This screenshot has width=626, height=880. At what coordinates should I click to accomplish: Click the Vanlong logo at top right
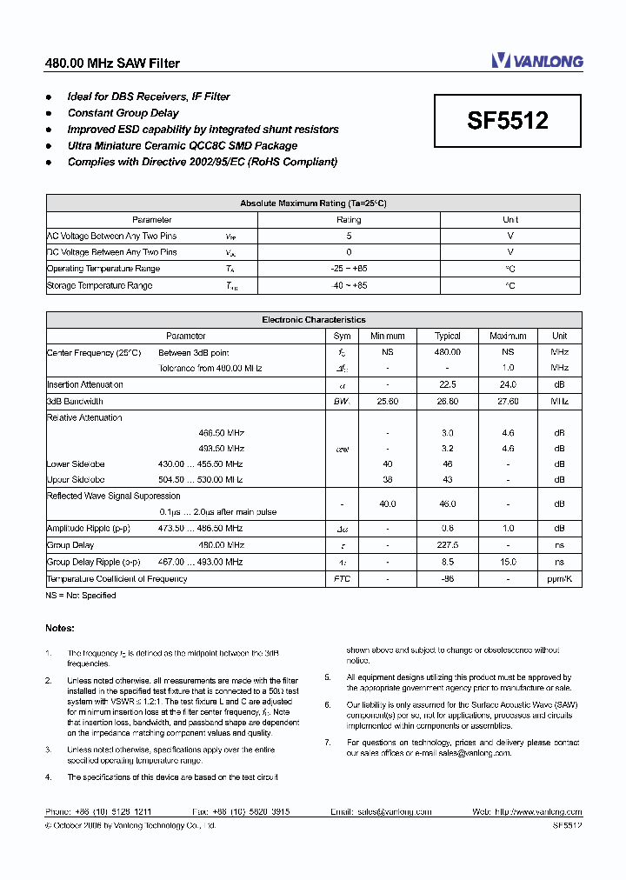click(x=536, y=60)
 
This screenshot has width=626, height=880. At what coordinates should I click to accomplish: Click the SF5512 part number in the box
click(x=508, y=121)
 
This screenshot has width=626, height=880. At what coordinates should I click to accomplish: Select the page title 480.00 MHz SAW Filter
click(x=112, y=63)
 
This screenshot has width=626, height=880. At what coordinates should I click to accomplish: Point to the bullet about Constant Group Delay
click(x=123, y=113)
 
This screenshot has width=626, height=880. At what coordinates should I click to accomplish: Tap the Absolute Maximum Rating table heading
click(x=313, y=203)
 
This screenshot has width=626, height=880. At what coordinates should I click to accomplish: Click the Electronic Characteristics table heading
click(x=313, y=320)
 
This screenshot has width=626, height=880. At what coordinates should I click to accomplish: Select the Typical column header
click(x=448, y=336)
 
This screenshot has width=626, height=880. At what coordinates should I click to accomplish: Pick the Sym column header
click(x=342, y=336)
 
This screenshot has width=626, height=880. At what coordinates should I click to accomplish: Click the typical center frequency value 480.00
click(x=448, y=352)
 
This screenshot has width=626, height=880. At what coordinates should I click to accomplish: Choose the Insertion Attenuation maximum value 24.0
click(x=508, y=384)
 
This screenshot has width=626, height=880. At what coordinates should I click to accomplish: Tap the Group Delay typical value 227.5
click(x=448, y=545)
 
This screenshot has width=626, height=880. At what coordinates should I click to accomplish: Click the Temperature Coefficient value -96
click(x=448, y=578)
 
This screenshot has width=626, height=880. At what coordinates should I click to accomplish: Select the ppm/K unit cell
click(x=559, y=578)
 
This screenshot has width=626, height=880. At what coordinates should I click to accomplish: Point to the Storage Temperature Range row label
click(x=99, y=285)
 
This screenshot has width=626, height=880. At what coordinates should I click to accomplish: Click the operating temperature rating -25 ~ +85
click(x=349, y=269)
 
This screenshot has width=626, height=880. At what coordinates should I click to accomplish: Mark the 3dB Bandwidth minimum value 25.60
click(x=387, y=401)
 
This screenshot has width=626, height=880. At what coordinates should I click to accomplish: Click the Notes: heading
click(x=60, y=628)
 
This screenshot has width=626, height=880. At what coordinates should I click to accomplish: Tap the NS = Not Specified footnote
click(x=81, y=596)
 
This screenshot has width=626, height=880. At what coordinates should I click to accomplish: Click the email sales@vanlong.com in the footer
click(x=394, y=811)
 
